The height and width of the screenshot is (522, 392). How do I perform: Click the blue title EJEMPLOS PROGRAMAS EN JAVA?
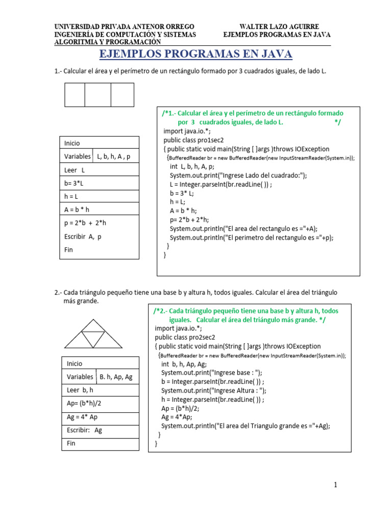pyautogui.click(x=195, y=54)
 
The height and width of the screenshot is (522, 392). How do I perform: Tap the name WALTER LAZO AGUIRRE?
pyautogui.click(x=279, y=27)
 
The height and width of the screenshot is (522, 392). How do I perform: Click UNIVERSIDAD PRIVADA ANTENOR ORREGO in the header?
pyautogui.click(x=124, y=27)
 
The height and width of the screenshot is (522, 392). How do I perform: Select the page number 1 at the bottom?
pyautogui.click(x=335, y=485)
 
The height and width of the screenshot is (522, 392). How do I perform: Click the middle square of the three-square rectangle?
pyautogui.click(x=97, y=95)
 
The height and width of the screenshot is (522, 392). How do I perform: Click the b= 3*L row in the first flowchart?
pyautogui.click(x=99, y=183)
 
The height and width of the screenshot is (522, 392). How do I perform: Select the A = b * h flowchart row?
pyautogui.click(x=99, y=208)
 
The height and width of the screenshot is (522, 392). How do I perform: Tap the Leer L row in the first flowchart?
pyautogui.click(x=99, y=170)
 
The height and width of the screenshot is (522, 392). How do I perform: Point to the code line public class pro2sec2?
pyautogui.click(x=185, y=337)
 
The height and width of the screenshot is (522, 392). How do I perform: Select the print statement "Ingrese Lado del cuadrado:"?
pyautogui.click(x=238, y=175)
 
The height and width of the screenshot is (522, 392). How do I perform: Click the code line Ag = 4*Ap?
pyautogui.click(x=177, y=417)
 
